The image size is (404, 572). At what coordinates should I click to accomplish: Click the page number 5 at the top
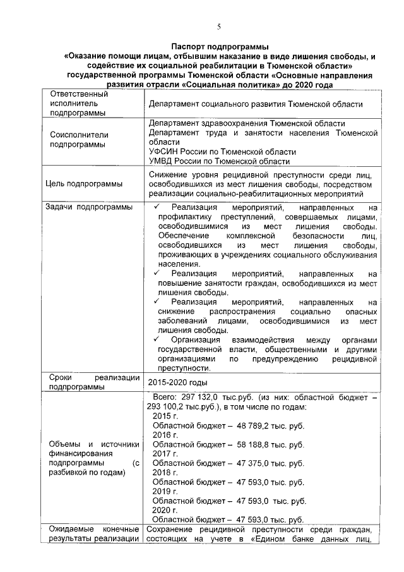(x=218, y=26)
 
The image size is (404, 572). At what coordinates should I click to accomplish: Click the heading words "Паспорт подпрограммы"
(x=218, y=47)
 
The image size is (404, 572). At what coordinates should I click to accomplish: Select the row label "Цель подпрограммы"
(x=85, y=184)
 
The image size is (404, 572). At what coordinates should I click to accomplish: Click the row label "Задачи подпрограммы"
(x=89, y=207)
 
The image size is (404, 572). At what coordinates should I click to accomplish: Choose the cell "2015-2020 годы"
(x=177, y=382)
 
